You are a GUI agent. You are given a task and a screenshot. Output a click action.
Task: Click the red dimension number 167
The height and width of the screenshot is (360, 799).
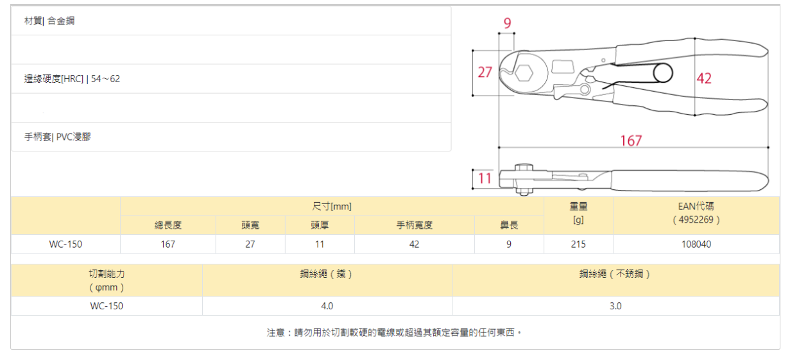[x=631, y=140]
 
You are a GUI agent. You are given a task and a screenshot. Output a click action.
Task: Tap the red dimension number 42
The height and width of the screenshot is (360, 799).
[x=704, y=78]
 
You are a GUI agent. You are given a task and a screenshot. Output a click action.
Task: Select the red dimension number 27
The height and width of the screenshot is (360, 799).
[x=485, y=72]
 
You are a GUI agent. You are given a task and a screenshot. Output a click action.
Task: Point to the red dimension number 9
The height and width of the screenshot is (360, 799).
[x=507, y=24]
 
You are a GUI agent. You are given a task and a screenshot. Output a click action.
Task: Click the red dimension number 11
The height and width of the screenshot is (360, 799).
[x=485, y=178]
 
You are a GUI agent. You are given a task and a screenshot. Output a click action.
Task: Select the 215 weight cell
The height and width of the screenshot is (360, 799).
[x=578, y=244]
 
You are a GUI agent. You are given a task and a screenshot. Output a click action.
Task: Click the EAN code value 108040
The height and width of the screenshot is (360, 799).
[x=696, y=244]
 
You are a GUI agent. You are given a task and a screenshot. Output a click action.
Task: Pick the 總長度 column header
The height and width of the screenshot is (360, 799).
[x=168, y=225]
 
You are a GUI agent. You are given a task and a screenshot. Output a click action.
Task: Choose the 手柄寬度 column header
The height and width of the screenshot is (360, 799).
[x=414, y=225]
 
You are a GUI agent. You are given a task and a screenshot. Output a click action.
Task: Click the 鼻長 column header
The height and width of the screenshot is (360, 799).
[x=509, y=225]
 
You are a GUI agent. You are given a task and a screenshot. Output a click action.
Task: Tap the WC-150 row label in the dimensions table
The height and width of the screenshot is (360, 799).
[x=65, y=244]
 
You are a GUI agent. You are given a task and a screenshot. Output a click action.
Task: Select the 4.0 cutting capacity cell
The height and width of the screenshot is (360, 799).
[x=327, y=306]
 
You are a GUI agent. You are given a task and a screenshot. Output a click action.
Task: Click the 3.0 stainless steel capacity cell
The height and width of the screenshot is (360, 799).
[x=615, y=306]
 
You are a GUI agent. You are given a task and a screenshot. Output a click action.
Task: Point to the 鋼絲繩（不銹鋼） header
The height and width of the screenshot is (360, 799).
[x=615, y=274]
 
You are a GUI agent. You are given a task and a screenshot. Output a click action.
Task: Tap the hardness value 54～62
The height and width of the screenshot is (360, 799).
[x=106, y=79]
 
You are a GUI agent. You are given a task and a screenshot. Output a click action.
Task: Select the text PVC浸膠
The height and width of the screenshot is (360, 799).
[x=73, y=137]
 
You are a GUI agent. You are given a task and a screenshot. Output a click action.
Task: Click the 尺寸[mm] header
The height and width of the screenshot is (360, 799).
[x=332, y=207]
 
